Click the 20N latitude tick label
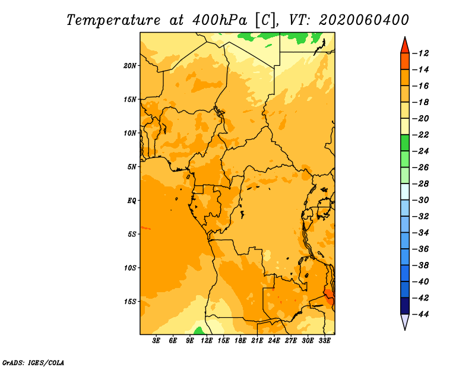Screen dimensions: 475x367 point(129,66)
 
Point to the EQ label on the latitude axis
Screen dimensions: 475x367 point(131,201)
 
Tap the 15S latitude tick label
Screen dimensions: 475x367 point(129,302)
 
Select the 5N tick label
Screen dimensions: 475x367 point(132,167)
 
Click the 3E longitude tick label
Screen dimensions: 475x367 point(156,341)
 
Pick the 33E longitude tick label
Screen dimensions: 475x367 point(324,341)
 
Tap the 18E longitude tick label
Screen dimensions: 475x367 point(240,341)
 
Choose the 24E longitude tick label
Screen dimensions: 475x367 point(274,341)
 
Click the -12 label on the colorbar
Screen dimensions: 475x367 point(420,53)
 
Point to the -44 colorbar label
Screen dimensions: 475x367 point(420,314)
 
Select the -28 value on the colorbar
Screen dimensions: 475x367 point(420,184)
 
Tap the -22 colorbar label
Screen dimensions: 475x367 point(420,135)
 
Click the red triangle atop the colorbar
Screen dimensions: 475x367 point(405,46)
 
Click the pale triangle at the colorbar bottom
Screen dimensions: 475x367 point(405,321)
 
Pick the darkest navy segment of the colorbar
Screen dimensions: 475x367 point(405,306)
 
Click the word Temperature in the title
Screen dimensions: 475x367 point(113,21)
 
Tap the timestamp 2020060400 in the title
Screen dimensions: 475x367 point(363,20)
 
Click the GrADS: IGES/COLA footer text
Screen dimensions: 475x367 point(33,363)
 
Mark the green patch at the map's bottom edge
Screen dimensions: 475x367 point(199,331)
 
